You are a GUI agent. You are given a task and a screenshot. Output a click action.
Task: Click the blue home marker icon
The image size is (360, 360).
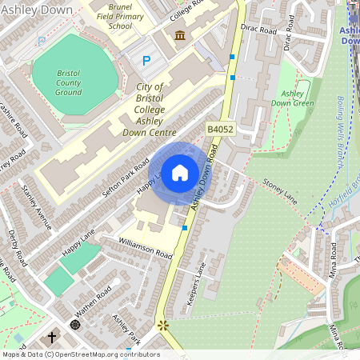180,173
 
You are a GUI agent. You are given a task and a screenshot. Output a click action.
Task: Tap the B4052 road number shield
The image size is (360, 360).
220,129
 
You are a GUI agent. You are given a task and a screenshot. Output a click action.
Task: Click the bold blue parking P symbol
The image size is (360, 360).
146,60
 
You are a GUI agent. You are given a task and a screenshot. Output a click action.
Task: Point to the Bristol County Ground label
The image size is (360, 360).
69,82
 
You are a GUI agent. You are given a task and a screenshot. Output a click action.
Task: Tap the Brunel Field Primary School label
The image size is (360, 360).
119,15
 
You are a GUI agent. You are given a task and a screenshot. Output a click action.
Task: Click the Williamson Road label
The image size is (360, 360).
145,247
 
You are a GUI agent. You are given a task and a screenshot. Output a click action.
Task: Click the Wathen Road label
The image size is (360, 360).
94,305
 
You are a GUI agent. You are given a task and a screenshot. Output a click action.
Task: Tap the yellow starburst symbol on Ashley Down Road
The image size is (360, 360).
164,326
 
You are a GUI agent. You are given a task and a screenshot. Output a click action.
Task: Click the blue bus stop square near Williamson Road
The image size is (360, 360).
185,228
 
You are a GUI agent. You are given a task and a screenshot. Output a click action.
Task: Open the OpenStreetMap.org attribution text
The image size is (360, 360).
80,354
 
